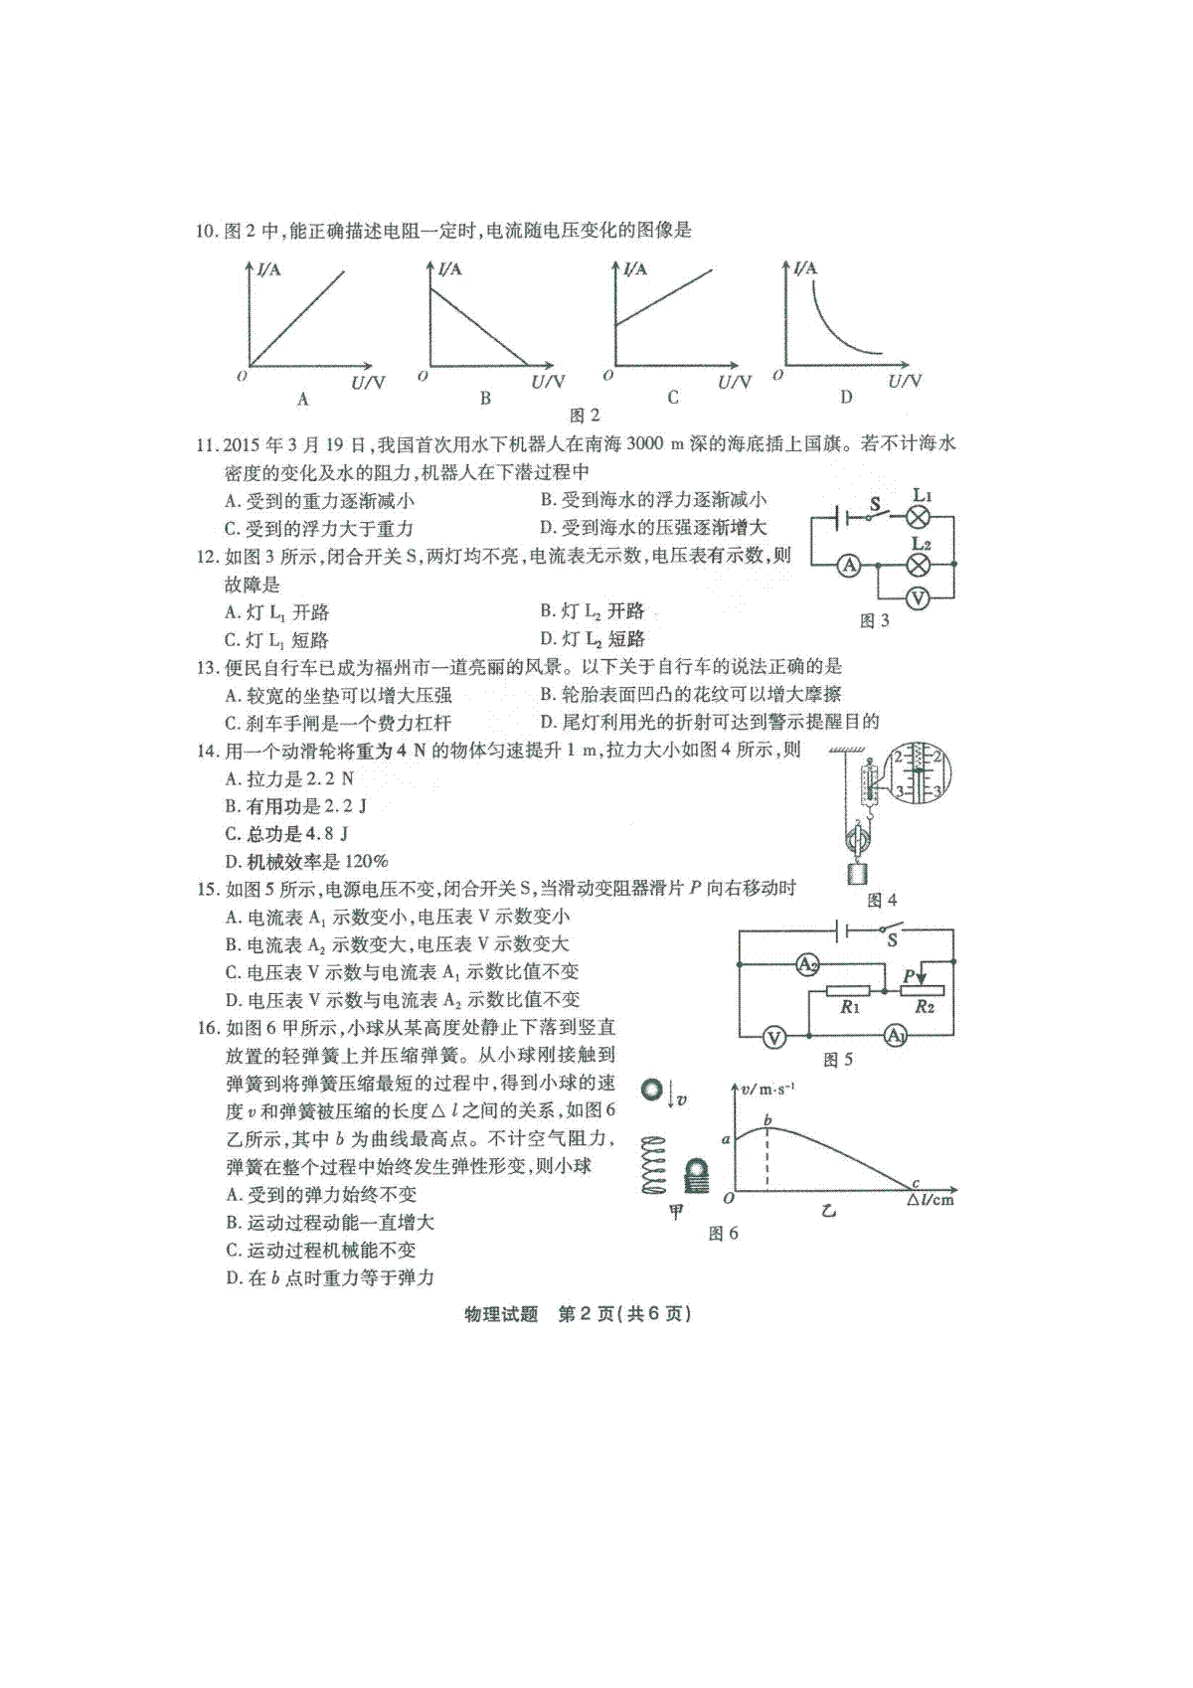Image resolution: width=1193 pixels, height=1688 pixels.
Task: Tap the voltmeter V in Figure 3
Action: pyautogui.click(x=918, y=598)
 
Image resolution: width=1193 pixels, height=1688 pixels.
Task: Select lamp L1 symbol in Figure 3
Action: pyautogui.click(x=918, y=517)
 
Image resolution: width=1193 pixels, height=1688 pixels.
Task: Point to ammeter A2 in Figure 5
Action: pyautogui.click(x=807, y=963)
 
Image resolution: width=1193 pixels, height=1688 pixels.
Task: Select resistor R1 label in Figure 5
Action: pyautogui.click(x=850, y=1007)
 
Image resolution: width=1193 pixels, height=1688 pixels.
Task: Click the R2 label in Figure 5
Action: pyautogui.click(x=924, y=1007)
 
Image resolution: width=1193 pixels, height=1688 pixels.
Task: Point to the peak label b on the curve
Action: pyautogui.click(x=767, y=1119)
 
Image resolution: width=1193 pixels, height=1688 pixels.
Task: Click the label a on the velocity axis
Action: pyautogui.click(x=726, y=1139)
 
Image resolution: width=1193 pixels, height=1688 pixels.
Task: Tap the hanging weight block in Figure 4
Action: pyautogui.click(x=858, y=874)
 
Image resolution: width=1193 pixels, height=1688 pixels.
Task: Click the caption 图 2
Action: pyautogui.click(x=585, y=416)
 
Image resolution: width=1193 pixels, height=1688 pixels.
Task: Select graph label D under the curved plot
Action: pyautogui.click(x=846, y=397)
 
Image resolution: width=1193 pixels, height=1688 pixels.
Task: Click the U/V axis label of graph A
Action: pyautogui.click(x=368, y=383)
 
